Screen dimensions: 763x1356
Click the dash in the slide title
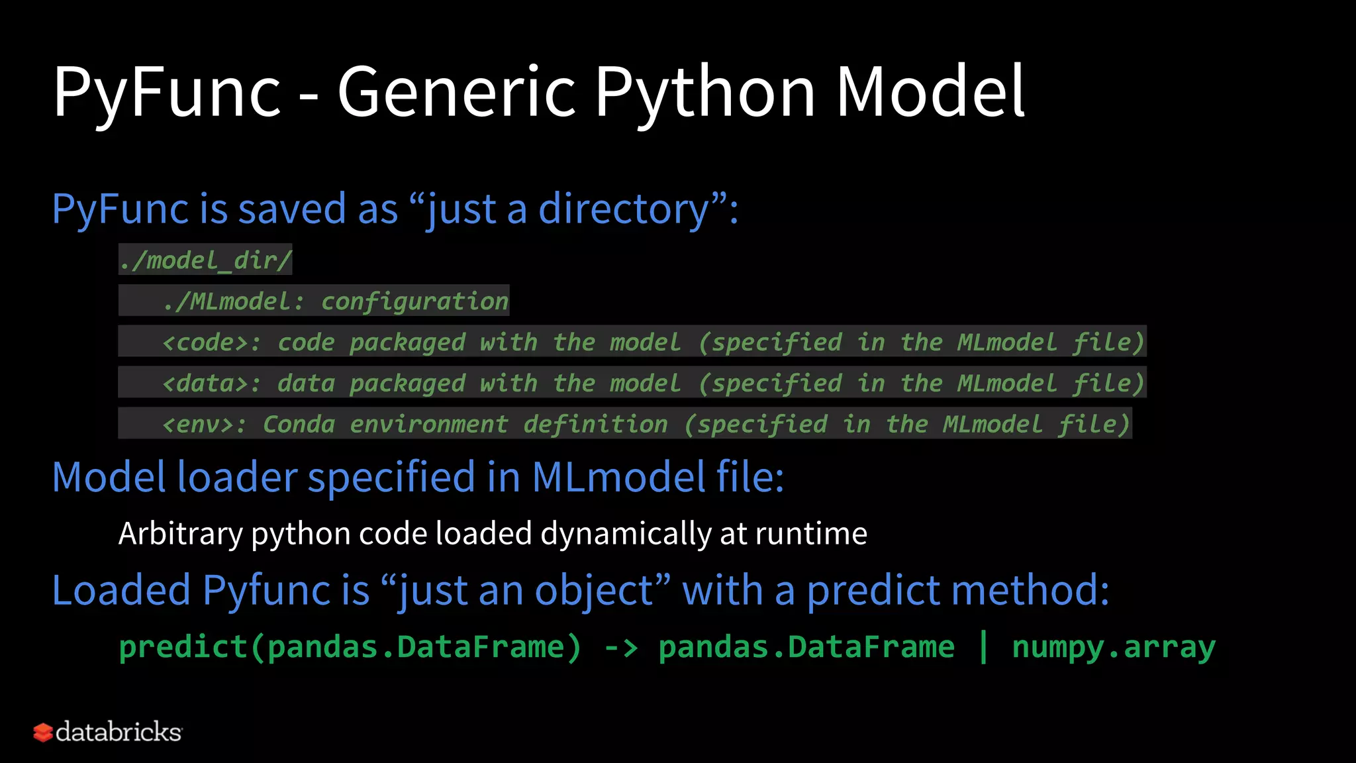(309, 94)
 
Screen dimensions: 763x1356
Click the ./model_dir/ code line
(205, 260)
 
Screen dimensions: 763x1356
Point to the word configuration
(414, 301)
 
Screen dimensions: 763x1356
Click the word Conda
(299, 425)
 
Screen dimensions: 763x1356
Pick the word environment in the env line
(428, 425)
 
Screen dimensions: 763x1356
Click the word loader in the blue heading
(237, 477)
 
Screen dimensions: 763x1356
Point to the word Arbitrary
(180, 534)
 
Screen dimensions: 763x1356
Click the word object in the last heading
(595, 591)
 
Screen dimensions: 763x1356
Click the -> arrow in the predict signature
(621, 647)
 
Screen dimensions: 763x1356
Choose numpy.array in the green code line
(1114, 647)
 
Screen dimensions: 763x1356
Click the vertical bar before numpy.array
(983, 647)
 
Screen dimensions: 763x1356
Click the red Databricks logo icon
(43, 733)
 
